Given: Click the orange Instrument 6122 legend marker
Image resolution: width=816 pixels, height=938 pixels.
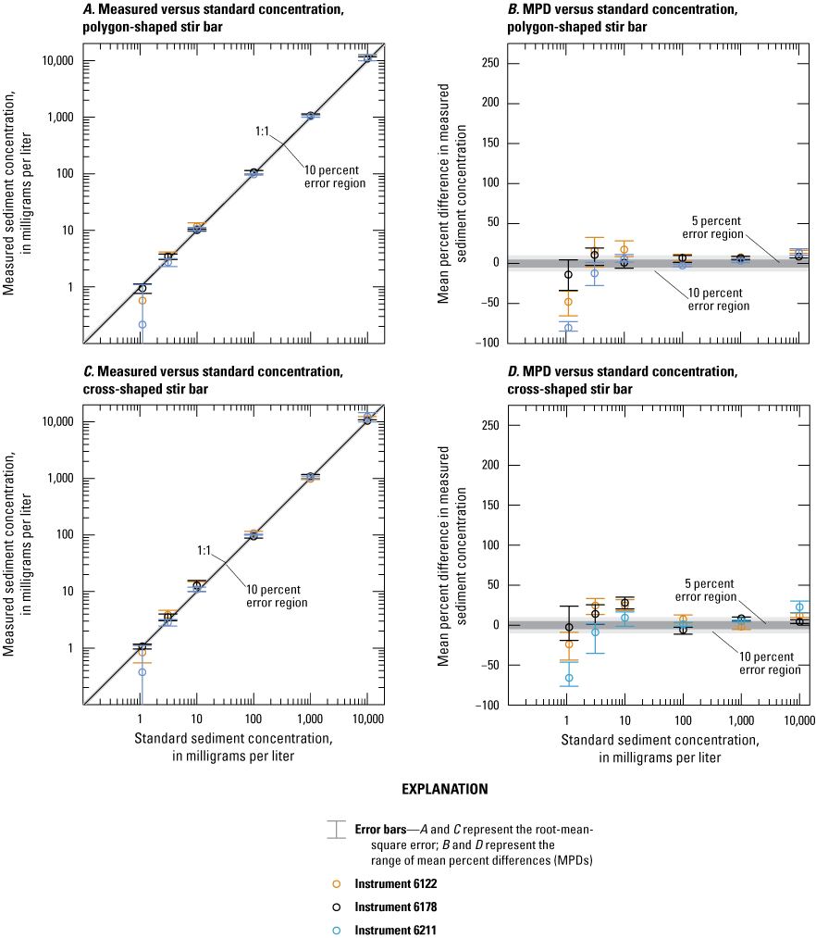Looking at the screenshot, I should (337, 883).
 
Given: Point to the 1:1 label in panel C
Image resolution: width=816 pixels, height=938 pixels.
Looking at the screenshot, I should (206, 550).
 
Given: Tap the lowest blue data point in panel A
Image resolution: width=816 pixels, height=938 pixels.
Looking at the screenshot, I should (142, 325).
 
